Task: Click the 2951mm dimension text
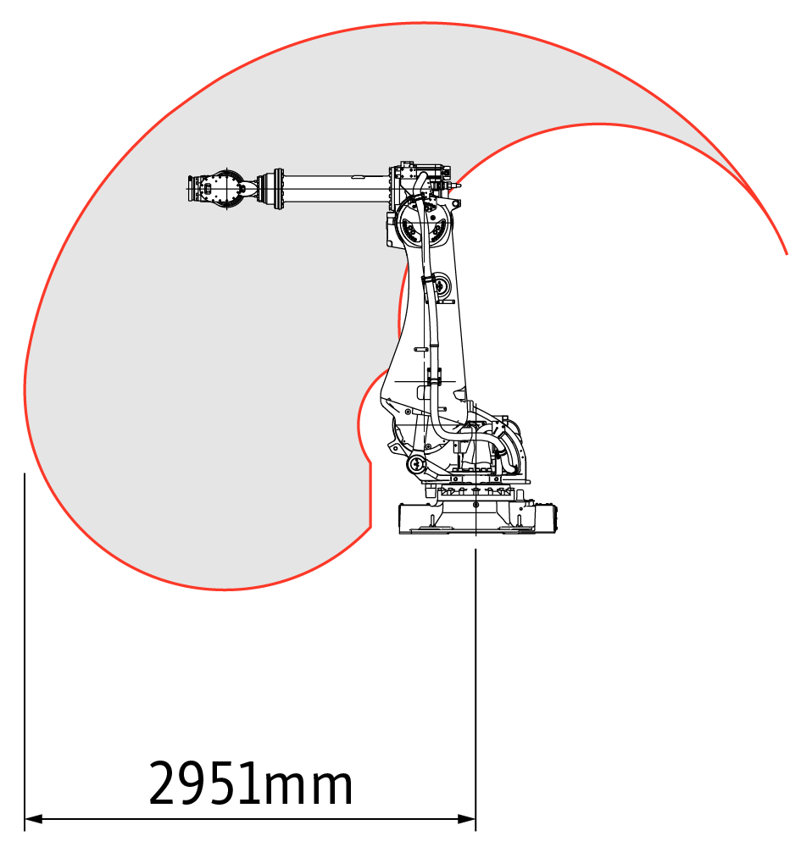pos(251,783)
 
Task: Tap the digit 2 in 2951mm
pos(164,783)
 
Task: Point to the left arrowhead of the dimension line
pos(34,819)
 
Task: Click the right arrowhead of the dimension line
pos(466,819)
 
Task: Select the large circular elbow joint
pos(424,224)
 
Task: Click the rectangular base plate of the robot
pos(477,518)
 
